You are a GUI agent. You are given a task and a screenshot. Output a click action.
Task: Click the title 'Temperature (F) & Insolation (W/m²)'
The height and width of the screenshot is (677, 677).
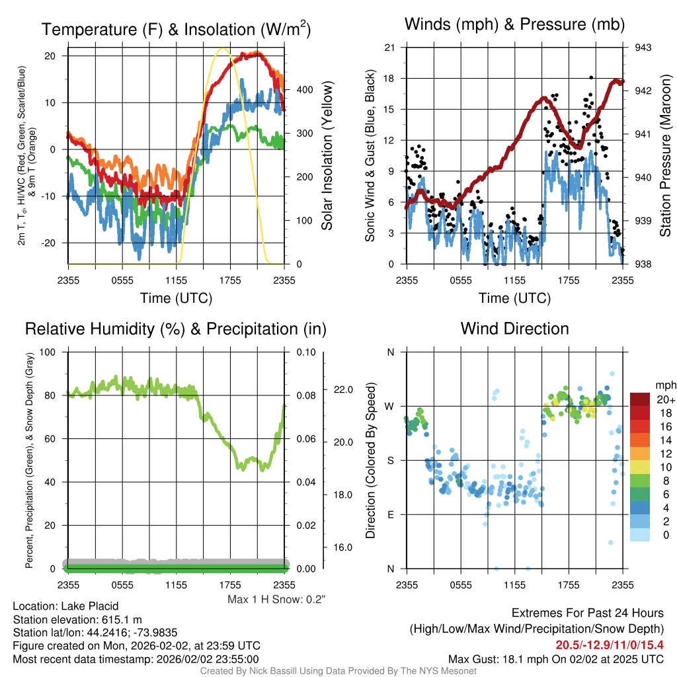click(x=176, y=29)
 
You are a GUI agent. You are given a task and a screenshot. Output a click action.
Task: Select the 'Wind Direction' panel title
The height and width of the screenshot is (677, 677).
click(x=514, y=329)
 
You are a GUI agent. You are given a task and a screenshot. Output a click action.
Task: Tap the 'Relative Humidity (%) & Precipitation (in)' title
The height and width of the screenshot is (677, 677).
click(x=176, y=329)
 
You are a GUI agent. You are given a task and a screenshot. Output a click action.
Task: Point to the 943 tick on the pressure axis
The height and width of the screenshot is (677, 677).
click(x=643, y=48)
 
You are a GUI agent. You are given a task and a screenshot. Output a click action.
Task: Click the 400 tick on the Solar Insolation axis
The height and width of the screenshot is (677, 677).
click(x=305, y=90)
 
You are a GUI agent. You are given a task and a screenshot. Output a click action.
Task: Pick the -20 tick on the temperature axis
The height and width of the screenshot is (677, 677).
click(x=48, y=243)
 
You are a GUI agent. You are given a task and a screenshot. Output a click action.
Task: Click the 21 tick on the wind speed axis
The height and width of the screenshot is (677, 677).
click(x=389, y=48)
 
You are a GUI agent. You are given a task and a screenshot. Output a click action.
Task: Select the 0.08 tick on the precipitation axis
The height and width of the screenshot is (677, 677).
click(x=306, y=395)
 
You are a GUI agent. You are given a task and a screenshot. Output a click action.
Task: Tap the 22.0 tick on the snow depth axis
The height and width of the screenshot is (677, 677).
click(x=343, y=389)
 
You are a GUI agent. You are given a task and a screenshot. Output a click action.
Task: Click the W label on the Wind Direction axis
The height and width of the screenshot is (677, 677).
click(x=389, y=407)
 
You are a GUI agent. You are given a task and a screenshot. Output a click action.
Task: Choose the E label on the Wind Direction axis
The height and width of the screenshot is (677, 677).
click(x=391, y=514)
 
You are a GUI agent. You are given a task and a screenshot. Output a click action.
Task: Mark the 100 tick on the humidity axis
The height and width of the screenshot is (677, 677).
click(x=48, y=352)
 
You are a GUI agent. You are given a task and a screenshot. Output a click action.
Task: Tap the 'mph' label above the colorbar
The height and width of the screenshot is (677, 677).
click(x=666, y=385)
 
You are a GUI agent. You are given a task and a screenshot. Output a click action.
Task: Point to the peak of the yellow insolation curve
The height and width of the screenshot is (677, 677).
click(x=223, y=48)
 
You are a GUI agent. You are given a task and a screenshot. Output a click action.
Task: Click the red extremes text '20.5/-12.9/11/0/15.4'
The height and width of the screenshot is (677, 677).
click(x=610, y=645)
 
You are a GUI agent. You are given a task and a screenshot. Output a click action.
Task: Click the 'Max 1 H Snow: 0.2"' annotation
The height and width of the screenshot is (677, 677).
click(x=276, y=599)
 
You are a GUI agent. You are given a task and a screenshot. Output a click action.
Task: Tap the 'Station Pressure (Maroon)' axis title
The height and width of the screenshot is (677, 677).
click(x=665, y=155)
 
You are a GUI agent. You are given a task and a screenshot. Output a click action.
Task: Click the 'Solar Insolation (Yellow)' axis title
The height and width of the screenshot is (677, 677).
click(x=327, y=155)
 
